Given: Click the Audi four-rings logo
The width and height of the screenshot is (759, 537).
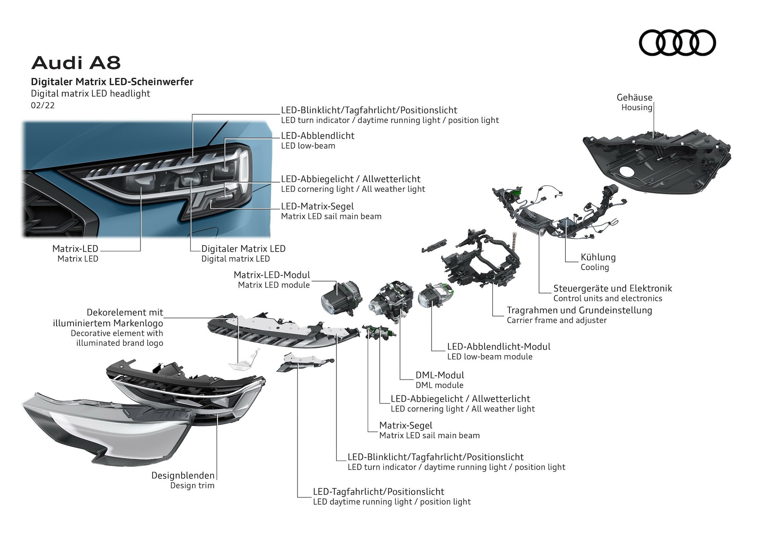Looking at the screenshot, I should pyautogui.click(x=677, y=43).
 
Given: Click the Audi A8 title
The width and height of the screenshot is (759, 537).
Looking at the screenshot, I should pyautogui.click(x=76, y=63).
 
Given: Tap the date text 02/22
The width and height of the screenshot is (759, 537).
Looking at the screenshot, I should pyautogui.click(x=42, y=105).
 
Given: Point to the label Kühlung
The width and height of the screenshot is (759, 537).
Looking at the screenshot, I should pyautogui.click(x=598, y=257).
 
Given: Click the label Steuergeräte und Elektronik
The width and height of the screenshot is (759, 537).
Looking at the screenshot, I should pyautogui.click(x=612, y=288).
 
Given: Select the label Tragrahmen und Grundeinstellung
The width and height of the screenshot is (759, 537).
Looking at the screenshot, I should pyautogui.click(x=579, y=310).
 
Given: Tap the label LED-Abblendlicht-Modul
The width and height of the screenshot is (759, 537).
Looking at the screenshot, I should pyautogui.click(x=499, y=346).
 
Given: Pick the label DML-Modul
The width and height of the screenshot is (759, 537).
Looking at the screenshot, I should pyautogui.click(x=440, y=375).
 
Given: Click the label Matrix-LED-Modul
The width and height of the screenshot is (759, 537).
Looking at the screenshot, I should pyautogui.click(x=272, y=275).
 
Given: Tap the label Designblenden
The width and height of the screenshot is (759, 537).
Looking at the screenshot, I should pyautogui.click(x=182, y=475).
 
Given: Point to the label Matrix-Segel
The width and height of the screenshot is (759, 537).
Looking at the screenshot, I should pyautogui.click(x=405, y=425).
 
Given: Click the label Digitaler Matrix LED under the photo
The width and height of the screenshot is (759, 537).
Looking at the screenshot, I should pyautogui.click(x=243, y=249).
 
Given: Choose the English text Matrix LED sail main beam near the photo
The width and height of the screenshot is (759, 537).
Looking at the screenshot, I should pyautogui.click(x=331, y=216).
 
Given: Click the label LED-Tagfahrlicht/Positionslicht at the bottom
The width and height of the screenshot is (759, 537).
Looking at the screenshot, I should pyautogui.click(x=378, y=492).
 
